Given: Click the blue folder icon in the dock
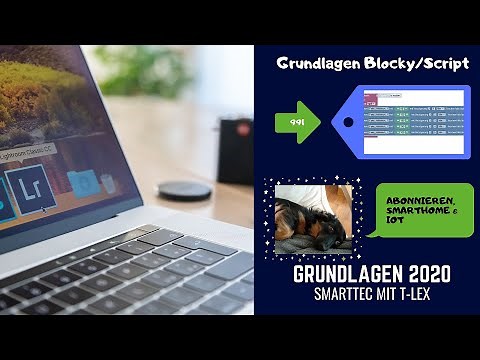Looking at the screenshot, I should (84, 183).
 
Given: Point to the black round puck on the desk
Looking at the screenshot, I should (185, 189).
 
